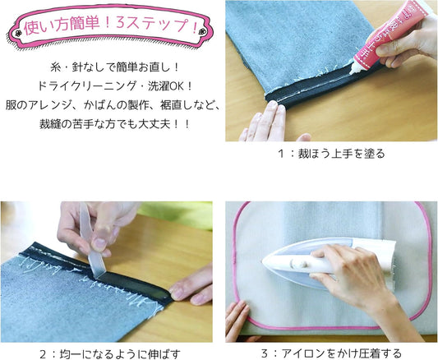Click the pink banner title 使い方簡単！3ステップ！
coord(111,26)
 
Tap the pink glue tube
coord(390,37)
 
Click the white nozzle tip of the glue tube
coord(353,71)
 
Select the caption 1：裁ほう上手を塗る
coord(331,154)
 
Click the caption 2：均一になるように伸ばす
coord(110,354)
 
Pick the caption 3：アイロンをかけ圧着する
coord(331,353)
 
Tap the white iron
coord(327,262)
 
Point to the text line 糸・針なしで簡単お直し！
coord(114,67)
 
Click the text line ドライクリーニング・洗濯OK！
coord(114,86)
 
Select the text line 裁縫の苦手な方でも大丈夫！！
coord(114,124)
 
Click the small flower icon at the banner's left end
coord(18,34)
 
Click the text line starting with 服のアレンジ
coord(113,105)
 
